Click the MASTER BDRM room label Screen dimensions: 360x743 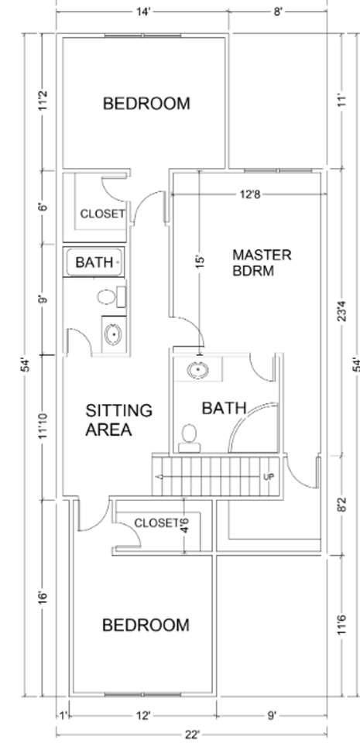[262, 263]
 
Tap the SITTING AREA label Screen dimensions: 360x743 [118, 419]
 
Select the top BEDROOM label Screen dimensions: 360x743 [146, 103]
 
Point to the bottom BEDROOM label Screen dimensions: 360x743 [146, 625]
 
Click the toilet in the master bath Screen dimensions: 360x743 [190, 439]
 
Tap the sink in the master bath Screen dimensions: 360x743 [198, 370]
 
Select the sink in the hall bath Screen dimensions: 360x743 [113, 334]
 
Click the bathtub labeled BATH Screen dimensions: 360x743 [94, 262]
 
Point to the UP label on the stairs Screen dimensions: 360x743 [269, 477]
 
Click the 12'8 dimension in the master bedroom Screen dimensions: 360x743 [249, 194]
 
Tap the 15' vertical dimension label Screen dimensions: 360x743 [200, 262]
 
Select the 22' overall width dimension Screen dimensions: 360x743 [192, 735]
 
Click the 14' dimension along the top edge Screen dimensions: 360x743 [142, 12]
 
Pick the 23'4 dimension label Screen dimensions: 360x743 [342, 310]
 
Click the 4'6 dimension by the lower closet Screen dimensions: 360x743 [185, 526]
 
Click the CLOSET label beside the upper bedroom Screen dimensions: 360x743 [103, 214]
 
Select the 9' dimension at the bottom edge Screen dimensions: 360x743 [272, 715]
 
